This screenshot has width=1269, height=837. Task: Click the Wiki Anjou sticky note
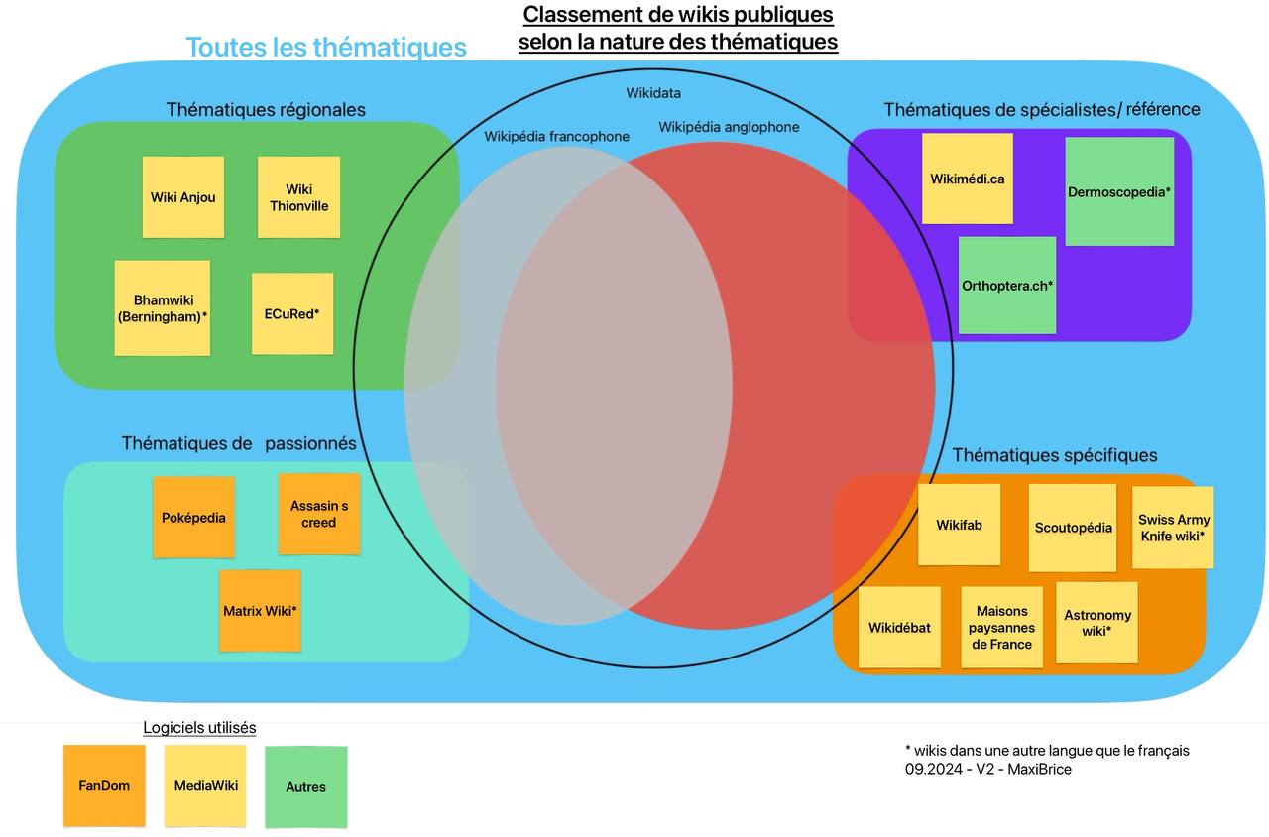182,197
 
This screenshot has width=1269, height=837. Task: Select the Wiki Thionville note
298,197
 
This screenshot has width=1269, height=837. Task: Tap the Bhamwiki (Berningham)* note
163,308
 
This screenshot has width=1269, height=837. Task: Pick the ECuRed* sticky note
291,313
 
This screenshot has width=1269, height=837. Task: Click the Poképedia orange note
193,517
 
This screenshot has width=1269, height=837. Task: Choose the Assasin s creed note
318,514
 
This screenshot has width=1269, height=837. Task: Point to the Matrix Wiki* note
260,611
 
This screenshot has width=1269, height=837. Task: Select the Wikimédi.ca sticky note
967,179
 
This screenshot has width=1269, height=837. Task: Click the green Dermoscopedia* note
1119,191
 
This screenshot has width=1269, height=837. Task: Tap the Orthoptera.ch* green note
1007,285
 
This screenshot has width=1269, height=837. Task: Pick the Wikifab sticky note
959,525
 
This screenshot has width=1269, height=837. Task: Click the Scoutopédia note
1073,528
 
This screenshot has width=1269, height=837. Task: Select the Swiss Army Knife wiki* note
1173,527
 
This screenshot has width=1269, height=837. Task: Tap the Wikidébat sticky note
899,627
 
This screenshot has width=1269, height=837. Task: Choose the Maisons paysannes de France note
1001,627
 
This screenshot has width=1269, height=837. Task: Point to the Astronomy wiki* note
1096,623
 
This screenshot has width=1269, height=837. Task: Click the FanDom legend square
104,786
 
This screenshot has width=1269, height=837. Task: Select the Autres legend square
305,786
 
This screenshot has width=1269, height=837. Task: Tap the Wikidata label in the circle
653,93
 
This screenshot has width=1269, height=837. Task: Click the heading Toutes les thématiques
326,47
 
